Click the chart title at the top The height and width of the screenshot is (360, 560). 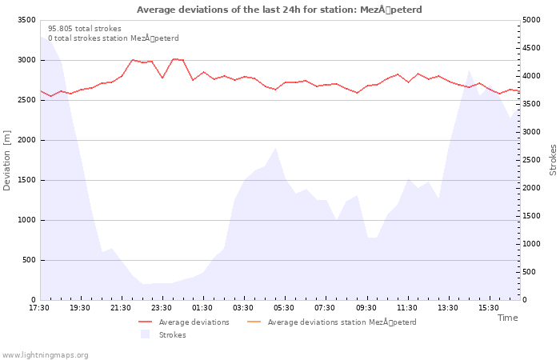(x=279, y=10)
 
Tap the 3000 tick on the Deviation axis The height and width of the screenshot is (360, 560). (x=26, y=60)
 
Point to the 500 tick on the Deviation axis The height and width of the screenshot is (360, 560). (x=29, y=260)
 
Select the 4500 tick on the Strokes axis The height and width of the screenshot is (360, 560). (x=531, y=48)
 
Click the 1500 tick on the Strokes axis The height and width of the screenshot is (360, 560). (x=531, y=216)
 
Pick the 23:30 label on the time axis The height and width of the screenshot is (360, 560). (x=162, y=308)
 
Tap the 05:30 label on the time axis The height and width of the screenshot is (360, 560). (x=284, y=308)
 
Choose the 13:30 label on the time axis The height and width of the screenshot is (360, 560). (x=448, y=308)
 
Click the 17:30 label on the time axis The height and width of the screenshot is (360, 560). (x=39, y=308)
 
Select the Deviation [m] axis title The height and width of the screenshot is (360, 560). (x=6, y=160)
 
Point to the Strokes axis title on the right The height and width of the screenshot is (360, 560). (x=553, y=160)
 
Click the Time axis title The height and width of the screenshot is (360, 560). (x=507, y=318)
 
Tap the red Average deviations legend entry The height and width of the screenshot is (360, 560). (x=184, y=322)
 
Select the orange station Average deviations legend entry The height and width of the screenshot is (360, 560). (x=331, y=322)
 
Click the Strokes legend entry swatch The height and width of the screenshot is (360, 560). (x=145, y=334)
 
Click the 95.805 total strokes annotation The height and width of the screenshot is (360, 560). (x=85, y=29)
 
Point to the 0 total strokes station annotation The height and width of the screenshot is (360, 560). (x=114, y=38)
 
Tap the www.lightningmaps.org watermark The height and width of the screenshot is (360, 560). (x=44, y=355)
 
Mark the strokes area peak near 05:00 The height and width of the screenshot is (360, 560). (x=275, y=147)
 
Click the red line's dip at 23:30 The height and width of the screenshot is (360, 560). (x=162, y=78)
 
